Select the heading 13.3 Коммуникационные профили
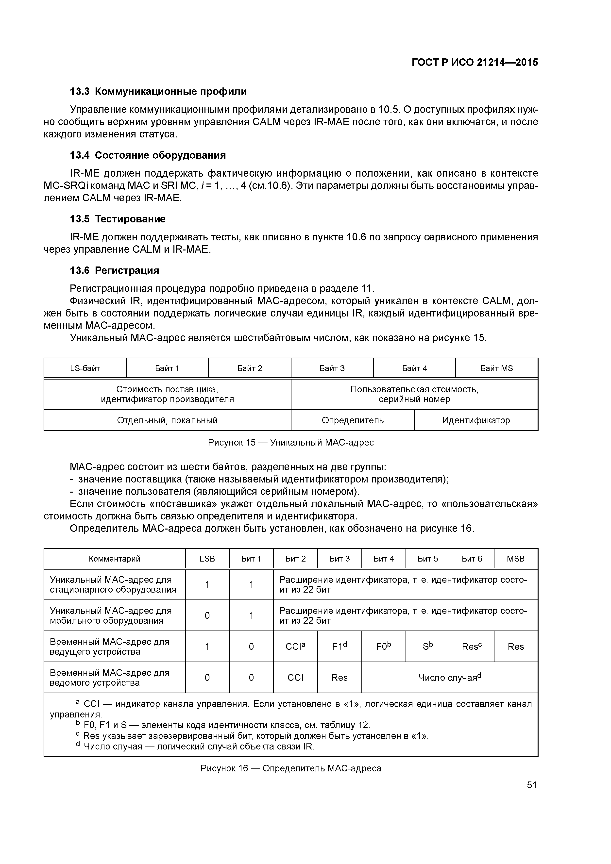pos(158,91)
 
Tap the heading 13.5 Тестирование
pos(118,219)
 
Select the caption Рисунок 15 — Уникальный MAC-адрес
pos(291,443)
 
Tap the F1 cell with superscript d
pos(339,647)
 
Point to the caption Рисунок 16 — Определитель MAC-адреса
pos(291,768)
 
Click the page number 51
pos(532,785)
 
